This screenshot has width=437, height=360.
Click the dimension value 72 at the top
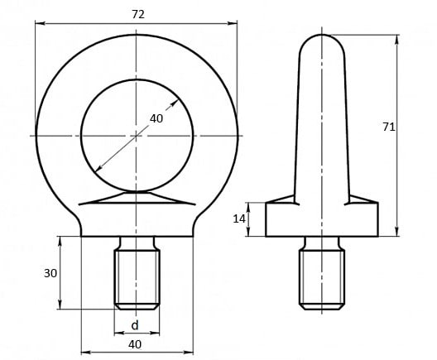(138, 15)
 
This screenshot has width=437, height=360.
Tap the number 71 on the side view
(388, 127)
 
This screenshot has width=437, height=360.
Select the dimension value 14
(239, 219)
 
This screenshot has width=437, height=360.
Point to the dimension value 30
(50, 273)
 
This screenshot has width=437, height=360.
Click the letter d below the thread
(135, 325)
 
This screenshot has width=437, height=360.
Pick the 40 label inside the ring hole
(156, 118)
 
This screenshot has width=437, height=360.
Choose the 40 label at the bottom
(135, 344)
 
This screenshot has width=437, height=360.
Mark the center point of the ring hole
(137, 136)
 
